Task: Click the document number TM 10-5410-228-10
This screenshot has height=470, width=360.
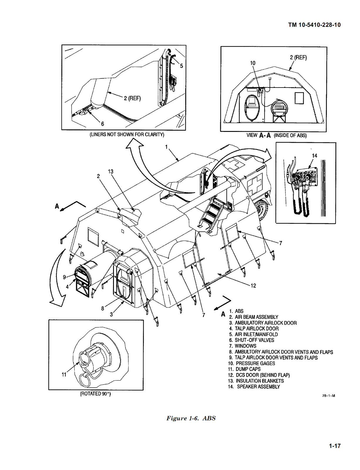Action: pos(314,25)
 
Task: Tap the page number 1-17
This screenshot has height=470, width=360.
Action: pos(334,446)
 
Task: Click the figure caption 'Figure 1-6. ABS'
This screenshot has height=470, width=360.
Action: pos(191,418)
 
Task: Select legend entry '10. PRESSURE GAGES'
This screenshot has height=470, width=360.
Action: pos(252,363)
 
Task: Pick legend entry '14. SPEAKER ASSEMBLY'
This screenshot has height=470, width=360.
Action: pos(254,387)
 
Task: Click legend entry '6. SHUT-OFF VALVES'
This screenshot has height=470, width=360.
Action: pos(252,340)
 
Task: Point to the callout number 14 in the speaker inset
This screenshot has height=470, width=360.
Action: pos(314,156)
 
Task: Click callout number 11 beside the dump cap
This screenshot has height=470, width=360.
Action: pos(64,375)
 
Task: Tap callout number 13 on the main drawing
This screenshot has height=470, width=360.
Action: pos(111,172)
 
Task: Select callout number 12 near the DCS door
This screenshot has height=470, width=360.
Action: pos(253,286)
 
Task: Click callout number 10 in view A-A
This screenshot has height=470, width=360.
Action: pos(253,63)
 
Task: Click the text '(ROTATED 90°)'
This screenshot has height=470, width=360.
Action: pos(95,394)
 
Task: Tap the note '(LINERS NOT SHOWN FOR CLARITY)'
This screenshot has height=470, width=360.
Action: pos(127,135)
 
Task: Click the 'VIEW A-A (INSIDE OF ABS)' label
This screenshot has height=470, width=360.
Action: pos(276,135)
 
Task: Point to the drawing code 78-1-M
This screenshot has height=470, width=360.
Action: pos(328,396)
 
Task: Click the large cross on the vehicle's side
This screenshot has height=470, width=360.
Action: pos(255,185)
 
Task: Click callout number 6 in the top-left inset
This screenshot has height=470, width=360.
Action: pos(102,124)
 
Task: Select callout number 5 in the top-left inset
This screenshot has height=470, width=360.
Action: pos(181,66)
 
